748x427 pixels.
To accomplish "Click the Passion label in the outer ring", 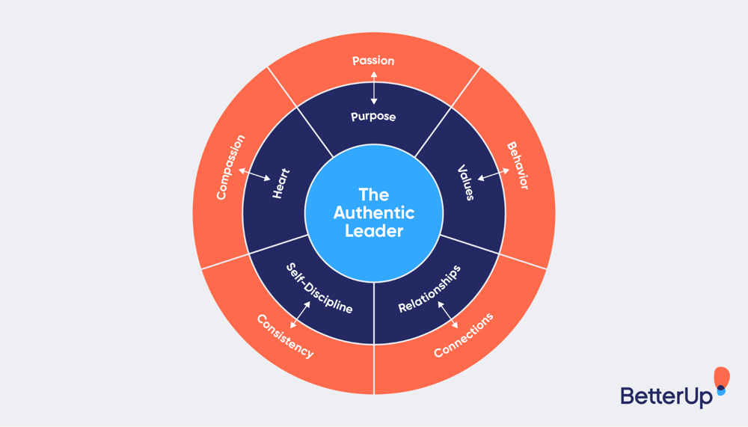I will (x=373, y=61).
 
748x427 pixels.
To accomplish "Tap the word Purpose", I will (x=373, y=117).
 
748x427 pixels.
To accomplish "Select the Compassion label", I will (x=231, y=167).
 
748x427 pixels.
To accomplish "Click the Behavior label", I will (x=517, y=165).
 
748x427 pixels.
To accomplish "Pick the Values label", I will (x=466, y=182).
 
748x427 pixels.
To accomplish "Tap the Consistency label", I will (x=285, y=336).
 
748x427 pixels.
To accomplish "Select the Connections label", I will (x=464, y=335).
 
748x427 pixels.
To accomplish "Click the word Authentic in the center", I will (x=374, y=212).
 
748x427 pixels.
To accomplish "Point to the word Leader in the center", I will (x=374, y=231).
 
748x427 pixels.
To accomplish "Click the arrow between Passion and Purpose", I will (x=373, y=88).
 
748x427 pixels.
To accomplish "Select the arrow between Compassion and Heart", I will (x=255, y=174).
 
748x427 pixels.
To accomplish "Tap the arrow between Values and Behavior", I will (x=492, y=175).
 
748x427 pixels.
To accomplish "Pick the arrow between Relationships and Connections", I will (x=448, y=314).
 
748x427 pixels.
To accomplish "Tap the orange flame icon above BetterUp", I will (x=721, y=378).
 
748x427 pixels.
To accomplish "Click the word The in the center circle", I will (x=374, y=194).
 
